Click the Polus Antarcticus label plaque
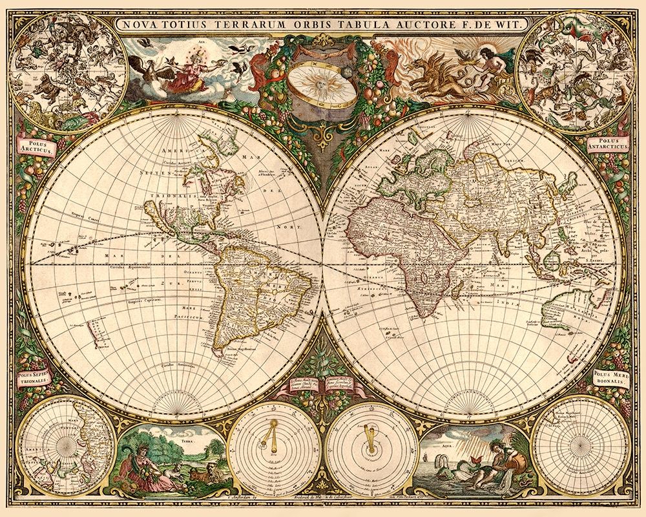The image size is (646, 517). pos(609,143)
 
